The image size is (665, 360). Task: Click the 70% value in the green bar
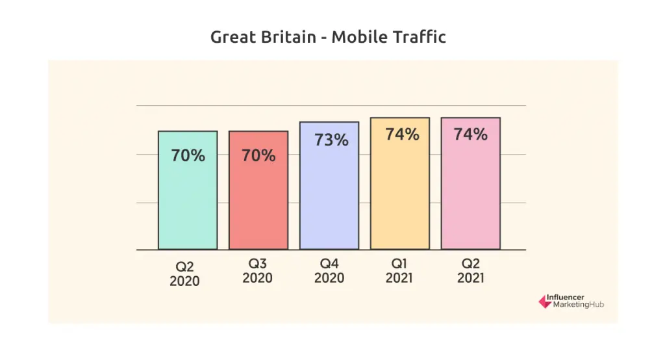pyautogui.click(x=188, y=156)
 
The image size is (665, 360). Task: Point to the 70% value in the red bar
pyautogui.click(x=258, y=156)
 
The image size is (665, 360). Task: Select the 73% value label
pyautogui.click(x=331, y=140)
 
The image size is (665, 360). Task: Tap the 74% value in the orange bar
pyautogui.click(x=402, y=135)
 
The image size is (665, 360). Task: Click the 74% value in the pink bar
pyautogui.click(x=471, y=135)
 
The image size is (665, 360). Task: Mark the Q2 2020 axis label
pyautogui.click(x=184, y=274)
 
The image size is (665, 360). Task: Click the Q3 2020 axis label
pyautogui.click(x=258, y=271)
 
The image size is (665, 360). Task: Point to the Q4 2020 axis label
pyautogui.click(x=329, y=271)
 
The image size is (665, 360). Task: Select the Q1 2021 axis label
pyautogui.click(x=399, y=271)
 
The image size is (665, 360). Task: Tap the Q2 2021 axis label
pyautogui.click(x=471, y=271)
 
